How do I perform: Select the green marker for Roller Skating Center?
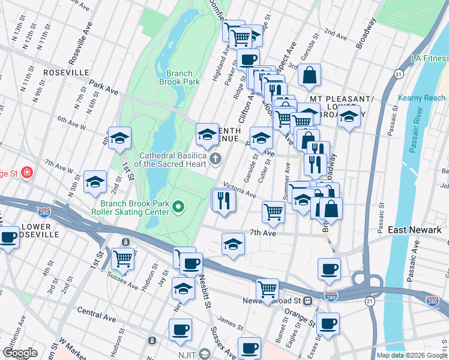(178, 208)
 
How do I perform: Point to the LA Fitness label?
(429, 58)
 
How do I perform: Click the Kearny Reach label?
(422, 98)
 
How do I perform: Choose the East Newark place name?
(414, 230)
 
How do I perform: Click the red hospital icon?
(26, 173)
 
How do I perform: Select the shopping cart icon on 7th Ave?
(273, 211)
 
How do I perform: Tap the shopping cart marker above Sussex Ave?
(122, 259)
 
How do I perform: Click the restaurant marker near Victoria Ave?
(223, 200)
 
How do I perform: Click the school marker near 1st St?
(119, 137)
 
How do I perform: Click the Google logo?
(20, 353)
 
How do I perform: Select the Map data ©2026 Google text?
(411, 355)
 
